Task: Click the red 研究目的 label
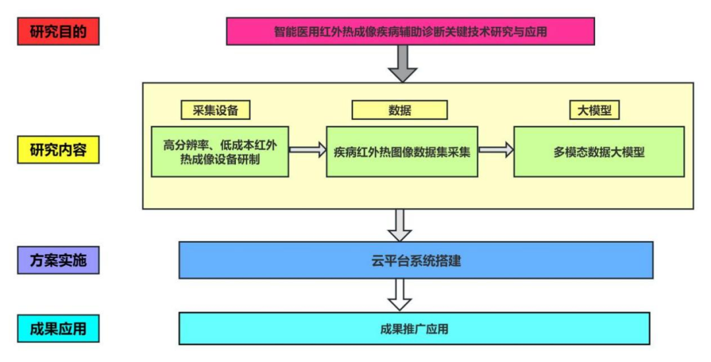click(58, 32)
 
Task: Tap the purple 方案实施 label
click(58, 261)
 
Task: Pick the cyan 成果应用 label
click(58, 328)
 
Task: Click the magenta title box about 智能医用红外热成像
click(410, 31)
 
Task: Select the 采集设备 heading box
click(215, 110)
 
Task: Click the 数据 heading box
click(399, 110)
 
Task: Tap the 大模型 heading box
click(594, 110)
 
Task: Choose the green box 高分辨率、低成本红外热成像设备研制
click(220, 151)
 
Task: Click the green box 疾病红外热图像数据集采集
click(402, 151)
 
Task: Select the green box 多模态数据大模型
click(598, 151)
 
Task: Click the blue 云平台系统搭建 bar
click(416, 260)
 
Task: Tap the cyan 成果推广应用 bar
click(414, 328)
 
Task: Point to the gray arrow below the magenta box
click(402, 63)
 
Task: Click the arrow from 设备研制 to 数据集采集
click(307, 150)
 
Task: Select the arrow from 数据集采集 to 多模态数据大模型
click(496, 150)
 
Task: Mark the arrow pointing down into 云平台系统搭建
click(399, 225)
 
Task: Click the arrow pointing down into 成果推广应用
click(399, 294)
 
